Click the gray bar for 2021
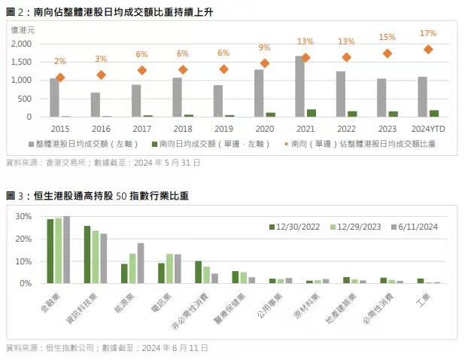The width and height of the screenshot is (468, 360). click(x=300, y=86)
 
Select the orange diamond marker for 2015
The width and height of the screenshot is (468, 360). click(x=60, y=78)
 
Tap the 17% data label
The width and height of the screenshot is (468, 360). click(x=427, y=33)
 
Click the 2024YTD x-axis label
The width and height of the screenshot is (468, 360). click(x=427, y=128)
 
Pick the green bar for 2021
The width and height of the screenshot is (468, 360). click(x=311, y=113)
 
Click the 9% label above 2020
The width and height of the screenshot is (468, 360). click(x=264, y=47)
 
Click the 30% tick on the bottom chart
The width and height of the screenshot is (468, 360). click(x=24, y=216)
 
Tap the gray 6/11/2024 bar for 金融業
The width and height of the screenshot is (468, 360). click(x=66, y=249)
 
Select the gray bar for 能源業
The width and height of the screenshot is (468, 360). click(x=141, y=263)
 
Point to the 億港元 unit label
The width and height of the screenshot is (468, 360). click(x=23, y=30)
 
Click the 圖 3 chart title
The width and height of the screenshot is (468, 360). click(x=98, y=196)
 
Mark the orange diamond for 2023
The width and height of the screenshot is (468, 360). click(x=387, y=53)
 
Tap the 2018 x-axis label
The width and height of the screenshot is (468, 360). click(x=182, y=128)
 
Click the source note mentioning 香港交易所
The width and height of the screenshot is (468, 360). click(x=102, y=162)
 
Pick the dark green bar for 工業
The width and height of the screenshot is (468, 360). click(x=421, y=281)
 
